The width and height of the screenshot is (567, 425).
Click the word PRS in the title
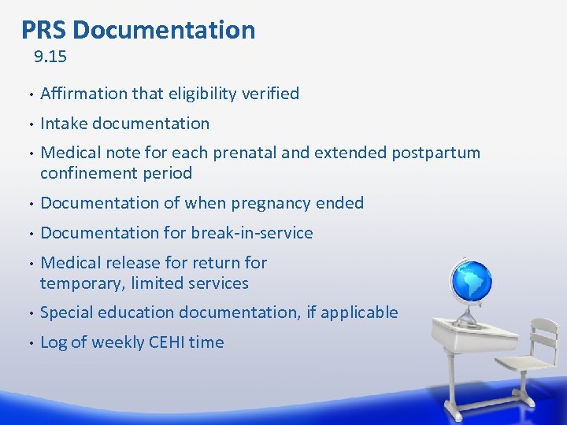coord(43,30)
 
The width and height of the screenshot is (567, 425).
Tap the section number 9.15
coord(50,57)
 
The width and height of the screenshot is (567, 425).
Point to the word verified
coord(270,94)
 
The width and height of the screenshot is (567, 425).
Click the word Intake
coord(63,124)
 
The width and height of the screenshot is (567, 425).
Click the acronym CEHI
coord(165,342)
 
